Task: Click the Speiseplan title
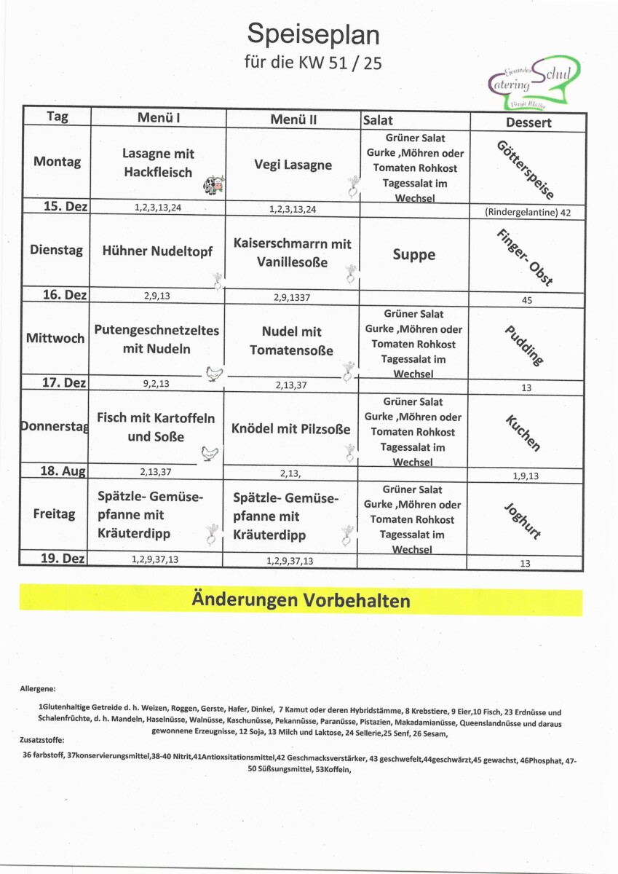(x=313, y=34)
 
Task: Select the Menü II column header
(x=293, y=118)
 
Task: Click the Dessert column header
(x=528, y=122)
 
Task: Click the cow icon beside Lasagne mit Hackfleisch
(x=214, y=184)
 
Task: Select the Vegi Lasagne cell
(x=293, y=165)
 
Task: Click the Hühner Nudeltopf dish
(x=157, y=251)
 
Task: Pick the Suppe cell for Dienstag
(x=413, y=254)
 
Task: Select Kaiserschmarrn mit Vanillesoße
(x=293, y=252)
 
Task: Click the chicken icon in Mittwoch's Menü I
(x=214, y=374)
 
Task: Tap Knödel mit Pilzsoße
(x=291, y=428)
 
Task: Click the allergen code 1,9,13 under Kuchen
(x=525, y=476)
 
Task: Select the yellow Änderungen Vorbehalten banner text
(x=301, y=601)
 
